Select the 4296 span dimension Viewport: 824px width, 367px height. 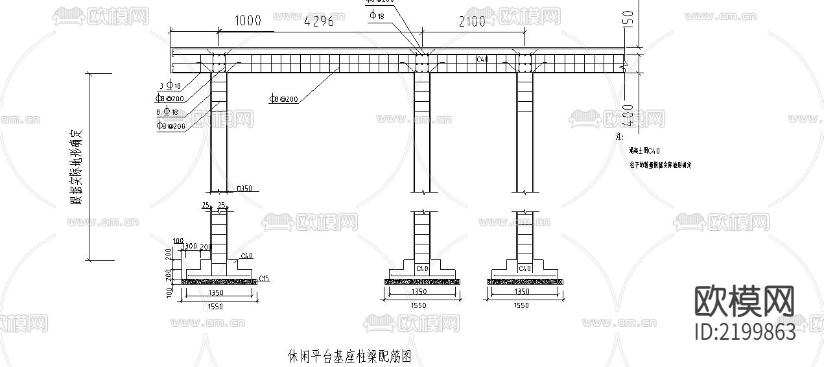[x=319, y=21]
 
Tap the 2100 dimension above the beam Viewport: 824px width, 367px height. [x=472, y=21]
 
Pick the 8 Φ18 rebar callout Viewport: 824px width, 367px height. [x=167, y=112]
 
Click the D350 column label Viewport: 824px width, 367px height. [x=244, y=189]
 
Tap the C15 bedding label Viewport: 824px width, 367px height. [x=264, y=279]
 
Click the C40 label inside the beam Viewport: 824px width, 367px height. [x=482, y=59]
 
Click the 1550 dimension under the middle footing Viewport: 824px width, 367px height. [x=419, y=305]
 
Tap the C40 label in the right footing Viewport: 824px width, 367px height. [x=524, y=268]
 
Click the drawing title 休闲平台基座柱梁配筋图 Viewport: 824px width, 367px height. [x=349, y=356]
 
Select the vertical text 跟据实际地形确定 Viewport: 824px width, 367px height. [x=80, y=166]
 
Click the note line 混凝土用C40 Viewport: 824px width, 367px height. [x=644, y=150]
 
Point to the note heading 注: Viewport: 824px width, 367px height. [x=619, y=137]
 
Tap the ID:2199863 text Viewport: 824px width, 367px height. [x=745, y=333]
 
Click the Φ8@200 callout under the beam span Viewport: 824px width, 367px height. [x=284, y=99]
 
